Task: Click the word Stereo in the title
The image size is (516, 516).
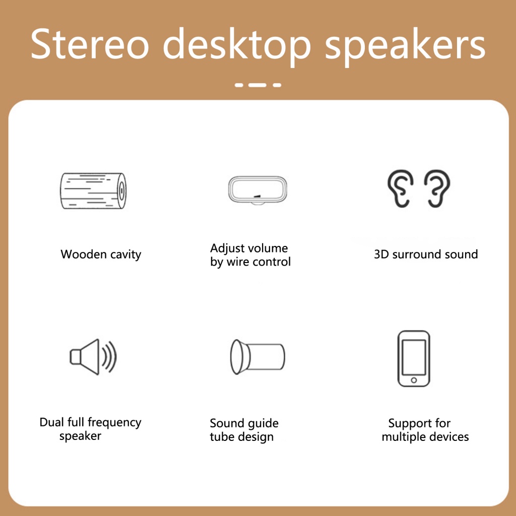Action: (90, 44)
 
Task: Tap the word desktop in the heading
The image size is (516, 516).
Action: (237, 46)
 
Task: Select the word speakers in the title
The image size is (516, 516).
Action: (405, 46)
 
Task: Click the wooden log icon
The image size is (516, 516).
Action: (93, 190)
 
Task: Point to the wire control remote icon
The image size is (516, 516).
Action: (257, 190)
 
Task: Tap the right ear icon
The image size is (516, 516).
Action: (437, 188)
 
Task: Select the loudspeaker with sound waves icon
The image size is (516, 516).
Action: (93, 357)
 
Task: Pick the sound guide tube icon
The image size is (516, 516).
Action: (257, 357)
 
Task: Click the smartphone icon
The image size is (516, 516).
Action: (414, 358)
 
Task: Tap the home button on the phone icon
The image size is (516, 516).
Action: (414, 380)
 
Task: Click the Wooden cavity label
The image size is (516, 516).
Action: (101, 254)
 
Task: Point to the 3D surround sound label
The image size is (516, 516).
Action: (426, 254)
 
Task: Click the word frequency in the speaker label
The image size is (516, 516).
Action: (114, 423)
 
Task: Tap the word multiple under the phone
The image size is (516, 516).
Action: (402, 437)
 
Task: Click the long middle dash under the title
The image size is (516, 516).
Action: (257, 85)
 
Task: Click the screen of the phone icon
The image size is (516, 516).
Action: (414, 357)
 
